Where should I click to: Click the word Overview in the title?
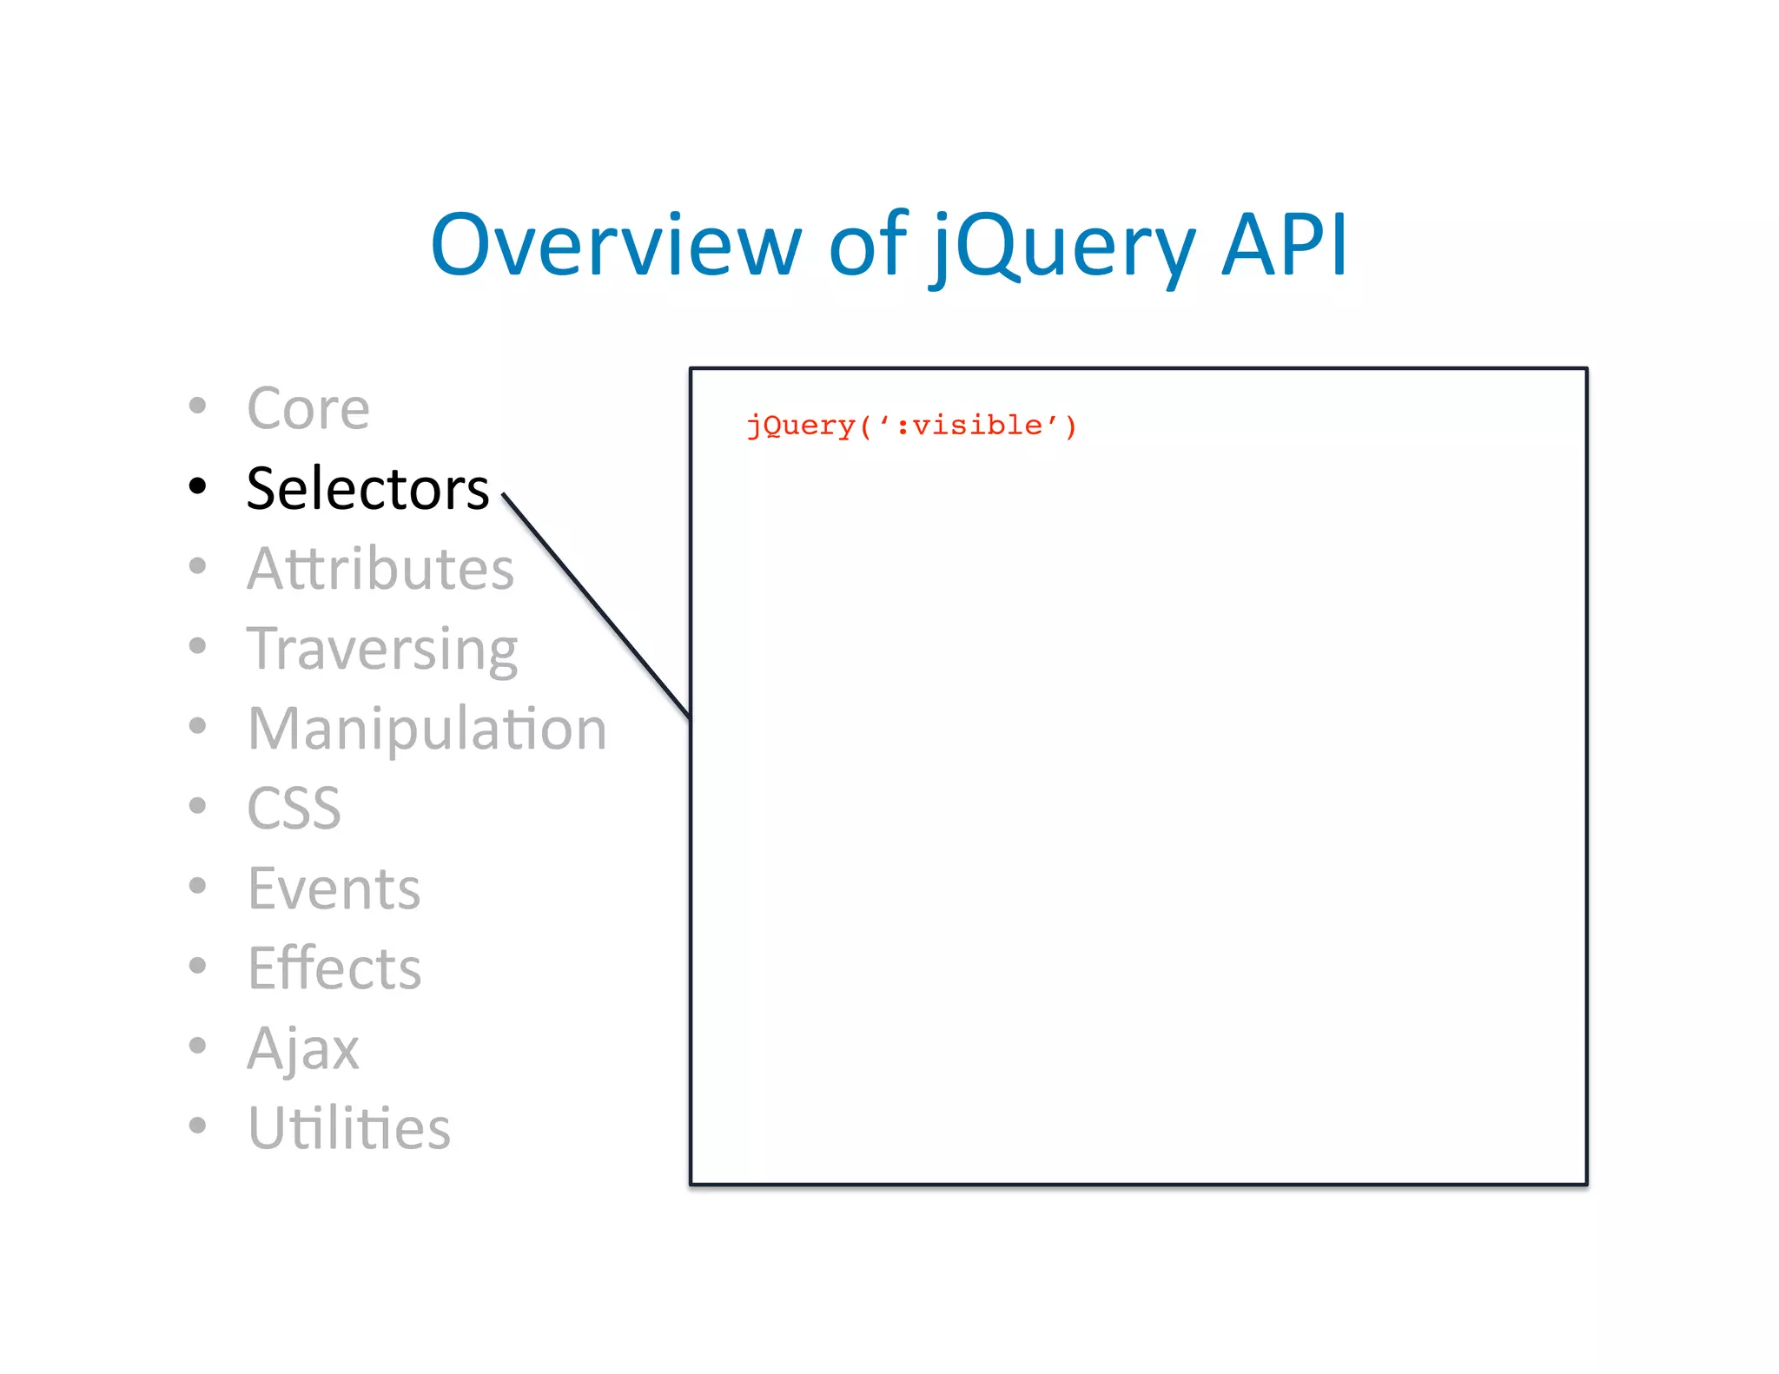tap(614, 246)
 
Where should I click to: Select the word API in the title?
tap(1284, 246)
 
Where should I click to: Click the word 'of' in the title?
tap(867, 246)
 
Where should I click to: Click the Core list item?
tap(308, 408)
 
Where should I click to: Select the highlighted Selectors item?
tap(367, 488)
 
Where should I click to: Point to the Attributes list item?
tap(380, 569)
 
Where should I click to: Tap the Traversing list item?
tap(382, 650)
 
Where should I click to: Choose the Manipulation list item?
tap(427, 729)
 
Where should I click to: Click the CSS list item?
tap(294, 809)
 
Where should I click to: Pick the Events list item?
tap(334, 888)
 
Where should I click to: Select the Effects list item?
tap(334, 968)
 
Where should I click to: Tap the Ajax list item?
tap(302, 1049)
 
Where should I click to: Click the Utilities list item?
tap(349, 1128)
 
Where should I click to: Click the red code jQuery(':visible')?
tap(911, 426)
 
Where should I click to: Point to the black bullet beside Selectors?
tap(198, 486)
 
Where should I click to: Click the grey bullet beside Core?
tap(198, 406)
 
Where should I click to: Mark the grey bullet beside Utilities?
tap(198, 1126)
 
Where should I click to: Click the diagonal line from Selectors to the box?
tap(596, 605)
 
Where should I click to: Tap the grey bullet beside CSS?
tap(198, 806)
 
